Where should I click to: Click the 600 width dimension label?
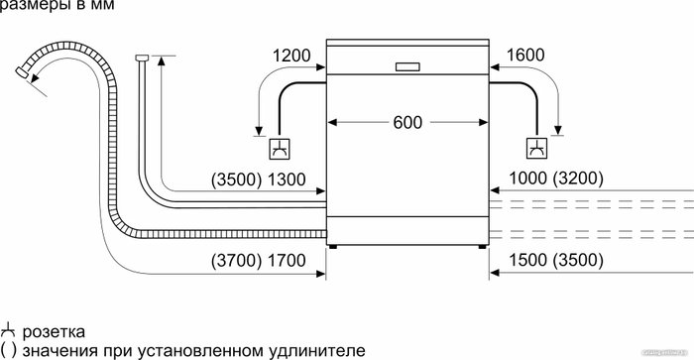pos(407,123)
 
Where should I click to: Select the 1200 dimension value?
pos(291,56)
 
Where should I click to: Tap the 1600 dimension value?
pos(525,55)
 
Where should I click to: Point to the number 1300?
pos(287,180)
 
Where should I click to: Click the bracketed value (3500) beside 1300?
pos(237,180)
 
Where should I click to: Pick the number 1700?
pos(287,261)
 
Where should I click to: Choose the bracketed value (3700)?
pos(237,261)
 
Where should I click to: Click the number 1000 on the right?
pos(528,179)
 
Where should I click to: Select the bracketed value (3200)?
pos(578,179)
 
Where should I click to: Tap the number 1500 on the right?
pos(528,260)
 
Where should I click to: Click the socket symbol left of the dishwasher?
pos(280,149)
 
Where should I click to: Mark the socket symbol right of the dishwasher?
pos(536,149)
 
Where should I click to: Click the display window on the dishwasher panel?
pos(407,66)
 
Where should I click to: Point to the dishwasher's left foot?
pos(333,247)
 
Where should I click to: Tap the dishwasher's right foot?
pos(483,247)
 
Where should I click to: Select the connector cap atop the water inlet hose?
pos(142,58)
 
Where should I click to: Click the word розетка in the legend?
pos(54,332)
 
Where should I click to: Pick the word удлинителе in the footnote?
pos(317,351)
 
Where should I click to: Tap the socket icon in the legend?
pos(8,331)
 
